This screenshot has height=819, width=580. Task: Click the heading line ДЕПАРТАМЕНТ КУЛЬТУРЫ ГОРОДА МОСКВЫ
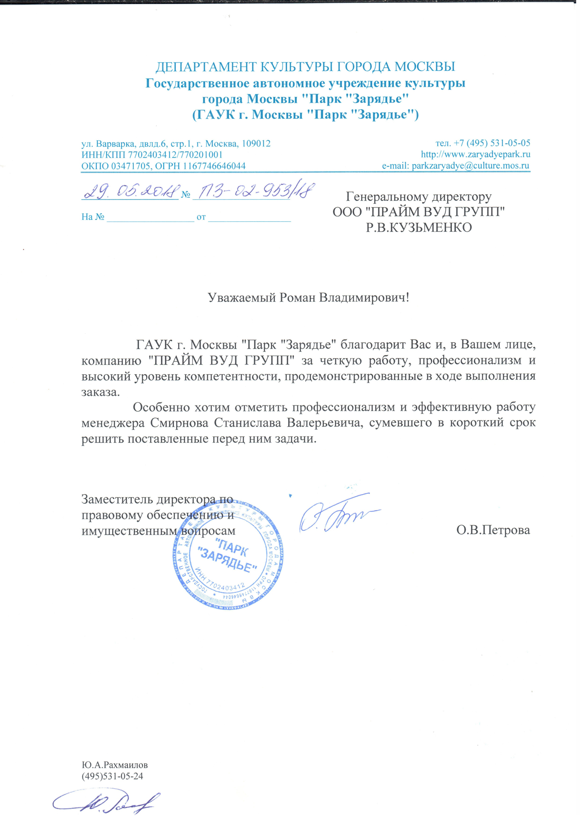coord(305,67)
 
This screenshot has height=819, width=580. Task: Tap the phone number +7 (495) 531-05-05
coord(492,143)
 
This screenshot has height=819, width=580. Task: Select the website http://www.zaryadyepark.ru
coord(475,154)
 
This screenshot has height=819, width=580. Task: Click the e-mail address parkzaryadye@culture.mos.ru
coord(470,166)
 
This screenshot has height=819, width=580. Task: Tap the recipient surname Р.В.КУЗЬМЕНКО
coord(418,228)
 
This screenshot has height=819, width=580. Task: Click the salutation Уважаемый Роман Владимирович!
coord(308,297)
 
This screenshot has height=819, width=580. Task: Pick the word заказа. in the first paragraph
coord(101,392)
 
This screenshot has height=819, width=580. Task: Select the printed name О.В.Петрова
coord(493,530)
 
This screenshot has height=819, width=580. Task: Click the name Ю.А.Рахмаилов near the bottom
coord(115,765)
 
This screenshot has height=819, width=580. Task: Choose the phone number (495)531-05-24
coord(112,776)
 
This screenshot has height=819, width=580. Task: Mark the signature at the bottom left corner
coord(105,803)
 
